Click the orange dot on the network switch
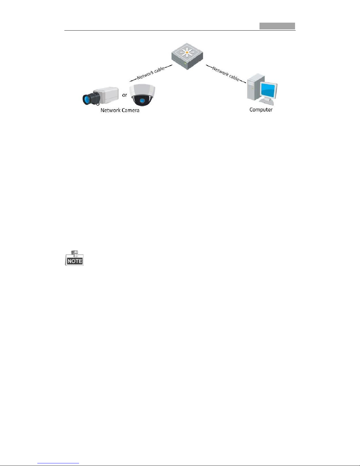[187, 53]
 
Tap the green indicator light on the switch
[185, 63]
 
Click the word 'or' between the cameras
[125, 95]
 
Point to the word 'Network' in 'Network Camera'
[110, 110]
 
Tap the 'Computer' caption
[261, 110]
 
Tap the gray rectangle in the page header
[277, 26]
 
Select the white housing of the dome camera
[142, 91]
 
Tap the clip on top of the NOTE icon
[75, 253]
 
